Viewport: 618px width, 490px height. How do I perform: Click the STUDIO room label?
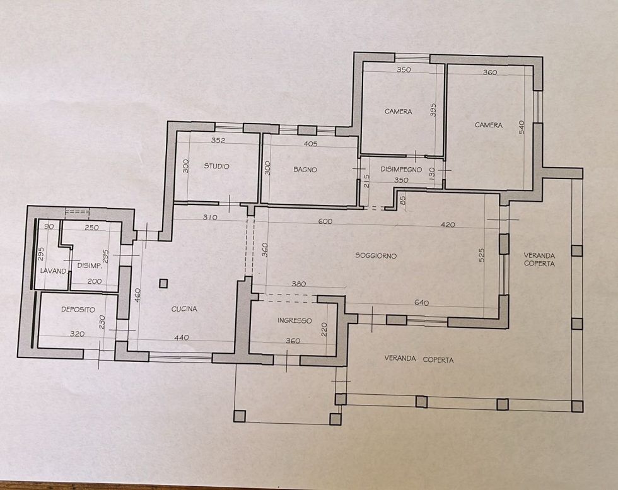216,166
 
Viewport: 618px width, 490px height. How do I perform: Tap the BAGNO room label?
305,170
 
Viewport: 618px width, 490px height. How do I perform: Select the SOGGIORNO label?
376,255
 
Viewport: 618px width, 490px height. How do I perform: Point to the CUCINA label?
184,308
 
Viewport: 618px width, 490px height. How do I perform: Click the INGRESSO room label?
294,320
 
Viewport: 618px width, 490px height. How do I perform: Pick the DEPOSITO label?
78,310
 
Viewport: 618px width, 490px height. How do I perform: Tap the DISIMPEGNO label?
401,170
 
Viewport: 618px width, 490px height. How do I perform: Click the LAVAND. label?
54,271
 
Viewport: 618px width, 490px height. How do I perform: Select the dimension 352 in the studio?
218,140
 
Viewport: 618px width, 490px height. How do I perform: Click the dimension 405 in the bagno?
310,144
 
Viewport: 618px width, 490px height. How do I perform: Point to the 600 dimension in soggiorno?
325,221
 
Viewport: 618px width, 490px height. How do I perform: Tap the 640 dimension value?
422,303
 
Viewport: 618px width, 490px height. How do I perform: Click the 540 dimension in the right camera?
522,127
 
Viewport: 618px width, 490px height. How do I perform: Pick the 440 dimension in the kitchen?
182,337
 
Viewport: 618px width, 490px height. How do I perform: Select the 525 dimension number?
482,255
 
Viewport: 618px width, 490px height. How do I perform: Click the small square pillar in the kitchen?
163,283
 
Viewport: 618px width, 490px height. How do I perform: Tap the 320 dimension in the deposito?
77,334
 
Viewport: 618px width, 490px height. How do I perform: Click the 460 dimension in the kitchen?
137,296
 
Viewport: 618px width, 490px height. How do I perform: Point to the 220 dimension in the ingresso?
325,329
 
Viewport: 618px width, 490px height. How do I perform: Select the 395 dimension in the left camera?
433,110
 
